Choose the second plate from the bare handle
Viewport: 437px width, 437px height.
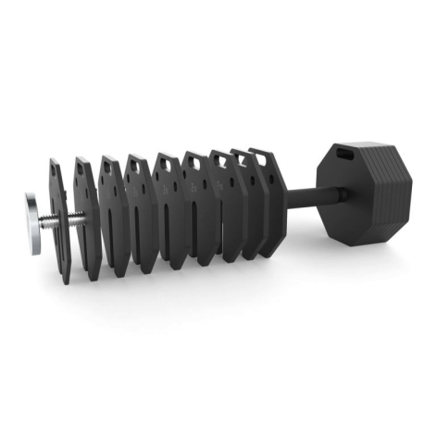[248, 208]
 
